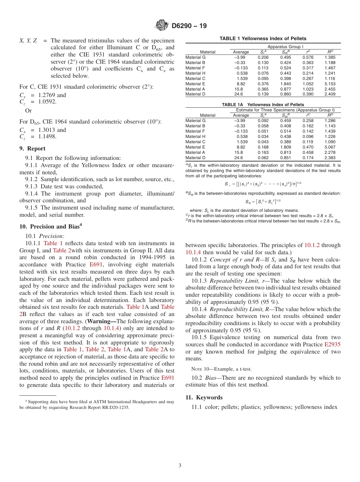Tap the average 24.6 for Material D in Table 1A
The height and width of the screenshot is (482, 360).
coord(238,157)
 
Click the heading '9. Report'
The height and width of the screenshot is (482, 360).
coord(32,149)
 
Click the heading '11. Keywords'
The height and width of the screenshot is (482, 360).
coord(204,397)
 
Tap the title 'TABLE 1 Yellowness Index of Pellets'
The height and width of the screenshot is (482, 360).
coord(263,39)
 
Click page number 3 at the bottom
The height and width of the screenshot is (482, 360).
coord(180,466)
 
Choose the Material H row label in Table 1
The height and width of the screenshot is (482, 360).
coord(195,73)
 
